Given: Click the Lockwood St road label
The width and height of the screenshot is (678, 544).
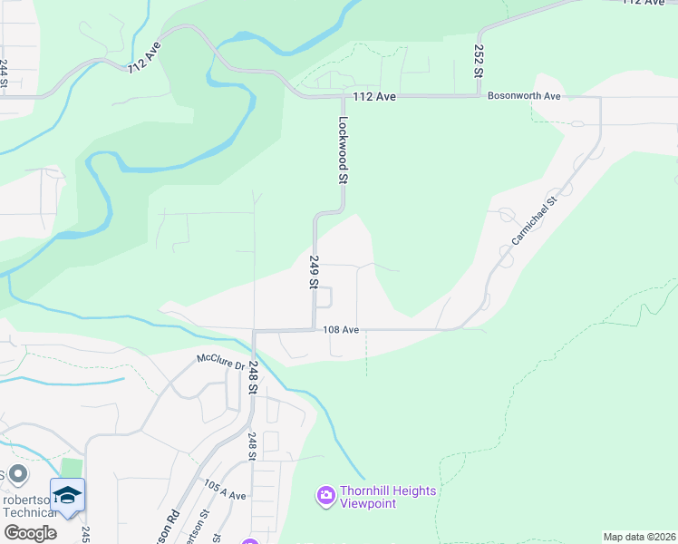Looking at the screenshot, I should click(x=344, y=151).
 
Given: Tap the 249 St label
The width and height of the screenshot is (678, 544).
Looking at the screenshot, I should click(x=314, y=272).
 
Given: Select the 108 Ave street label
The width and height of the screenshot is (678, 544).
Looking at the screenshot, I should click(x=342, y=330).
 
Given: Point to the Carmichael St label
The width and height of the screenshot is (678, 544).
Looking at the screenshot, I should click(x=532, y=222).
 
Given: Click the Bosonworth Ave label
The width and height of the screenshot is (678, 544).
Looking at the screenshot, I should click(x=524, y=95).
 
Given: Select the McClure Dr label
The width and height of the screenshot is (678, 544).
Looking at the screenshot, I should click(x=221, y=360).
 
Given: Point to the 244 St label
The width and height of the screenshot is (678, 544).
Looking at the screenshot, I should click(x=5, y=74).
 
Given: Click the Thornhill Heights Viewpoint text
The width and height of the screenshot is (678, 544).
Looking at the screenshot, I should click(x=388, y=497).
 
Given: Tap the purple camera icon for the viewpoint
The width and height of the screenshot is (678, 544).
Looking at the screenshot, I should click(x=325, y=496).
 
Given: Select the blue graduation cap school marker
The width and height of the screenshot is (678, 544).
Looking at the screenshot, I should click(x=67, y=495).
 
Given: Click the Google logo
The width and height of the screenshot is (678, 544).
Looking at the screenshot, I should click(x=29, y=533).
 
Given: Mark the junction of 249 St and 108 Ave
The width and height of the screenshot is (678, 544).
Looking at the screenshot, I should click(x=314, y=329).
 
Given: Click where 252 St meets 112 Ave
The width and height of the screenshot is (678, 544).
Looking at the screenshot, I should click(x=478, y=94).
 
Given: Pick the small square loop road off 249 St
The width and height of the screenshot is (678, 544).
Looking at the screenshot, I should click(x=324, y=297).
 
